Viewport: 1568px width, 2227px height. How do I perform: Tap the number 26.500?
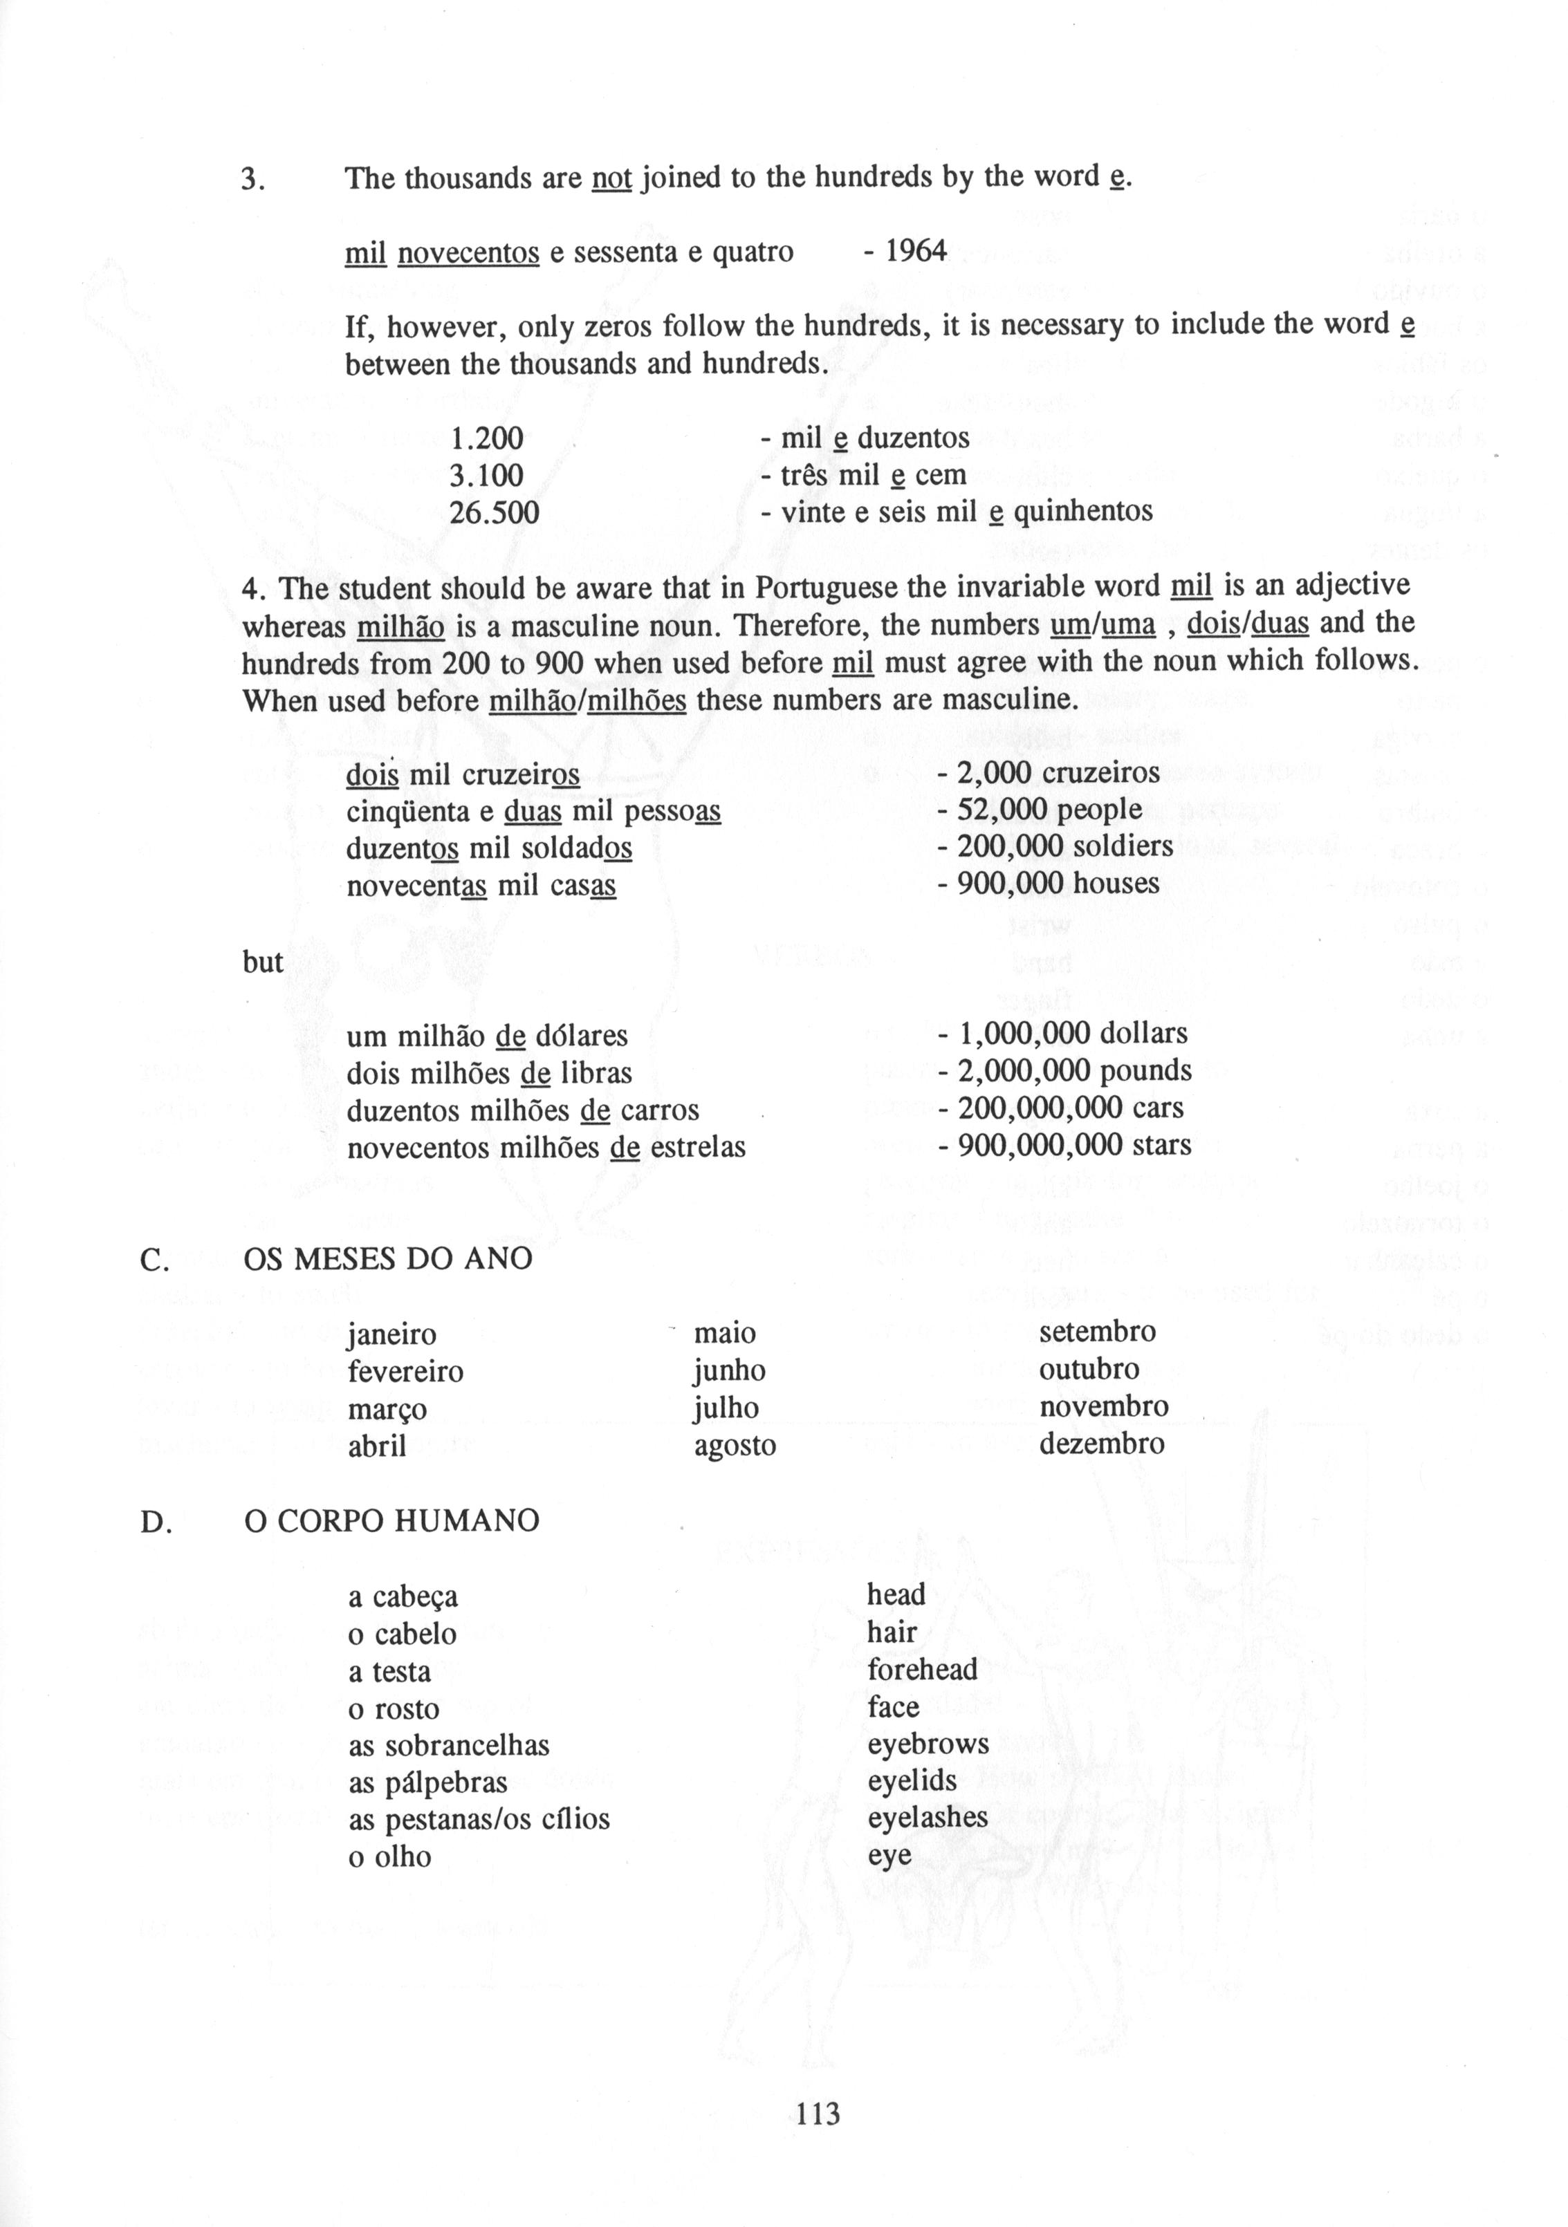click(494, 512)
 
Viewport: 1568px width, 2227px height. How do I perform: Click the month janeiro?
click(391, 1334)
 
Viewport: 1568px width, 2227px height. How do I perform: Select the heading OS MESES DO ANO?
click(388, 1259)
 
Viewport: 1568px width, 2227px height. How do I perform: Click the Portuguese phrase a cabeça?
click(403, 1596)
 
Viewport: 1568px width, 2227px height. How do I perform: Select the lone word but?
click(262, 962)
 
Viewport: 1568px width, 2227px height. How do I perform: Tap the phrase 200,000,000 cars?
click(1070, 1108)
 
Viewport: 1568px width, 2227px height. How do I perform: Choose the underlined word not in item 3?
click(611, 178)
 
